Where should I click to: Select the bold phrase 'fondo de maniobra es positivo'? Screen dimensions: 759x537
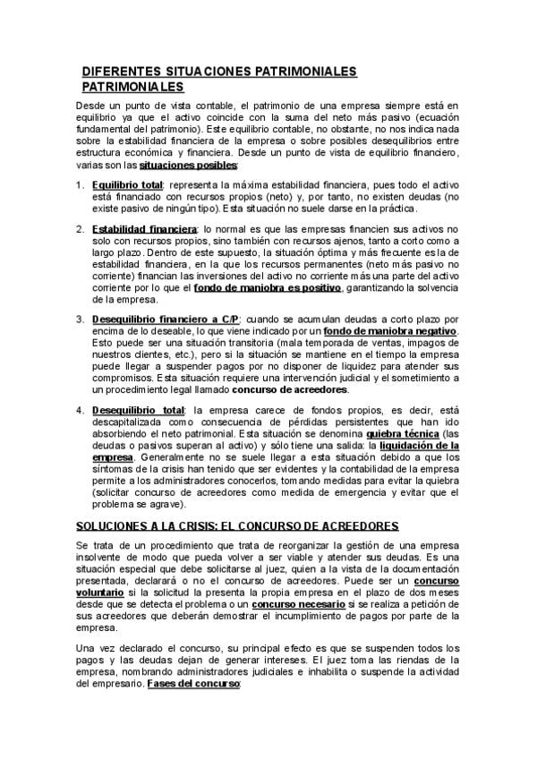[267, 288]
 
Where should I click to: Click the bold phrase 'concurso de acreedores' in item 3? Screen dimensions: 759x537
[290, 390]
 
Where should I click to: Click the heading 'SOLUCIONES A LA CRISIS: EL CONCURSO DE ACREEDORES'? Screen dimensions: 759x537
[224, 524]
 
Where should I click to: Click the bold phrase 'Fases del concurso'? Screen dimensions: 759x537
[197, 683]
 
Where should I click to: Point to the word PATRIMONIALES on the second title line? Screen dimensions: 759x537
[132, 87]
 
